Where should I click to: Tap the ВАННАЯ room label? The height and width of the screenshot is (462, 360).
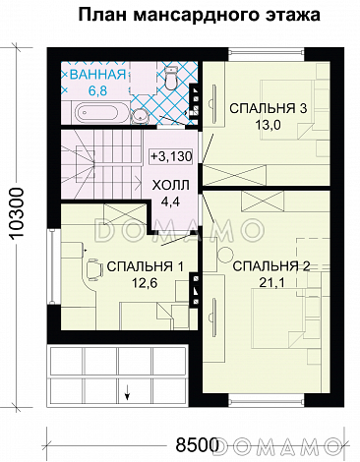(x=95, y=75)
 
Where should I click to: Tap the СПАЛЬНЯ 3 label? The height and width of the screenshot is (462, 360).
(x=263, y=107)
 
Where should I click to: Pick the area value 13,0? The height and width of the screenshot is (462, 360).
(x=263, y=125)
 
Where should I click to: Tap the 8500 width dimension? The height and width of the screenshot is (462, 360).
(x=191, y=441)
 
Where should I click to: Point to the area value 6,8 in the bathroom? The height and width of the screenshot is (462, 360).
(x=95, y=90)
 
